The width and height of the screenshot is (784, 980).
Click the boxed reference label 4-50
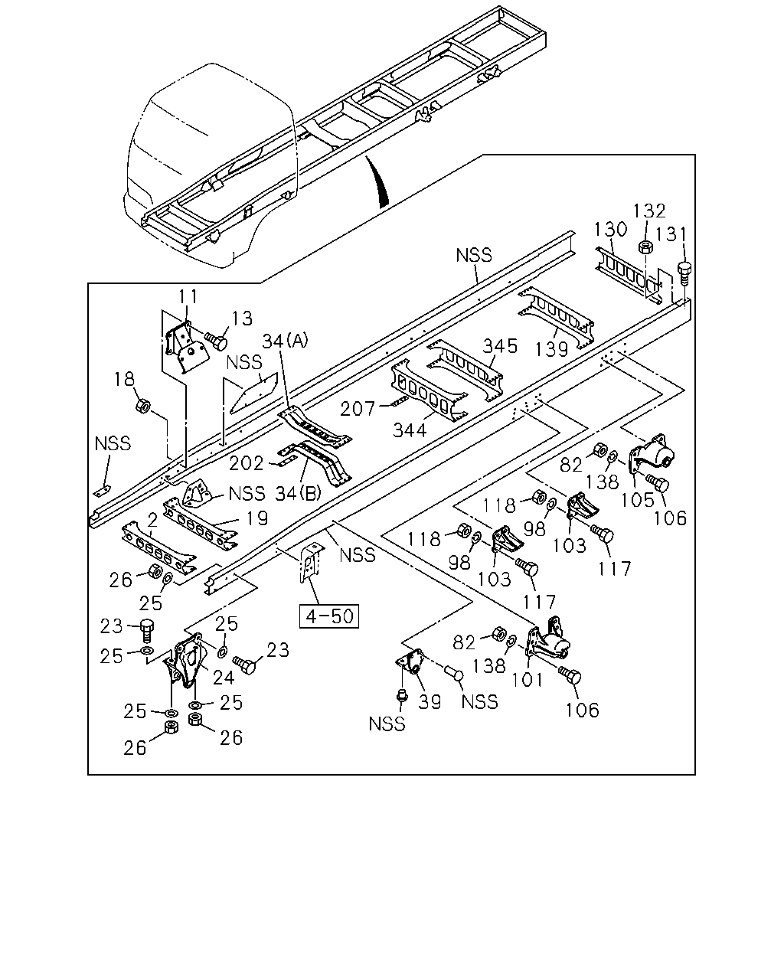tap(329, 616)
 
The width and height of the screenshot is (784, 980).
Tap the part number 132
tap(649, 211)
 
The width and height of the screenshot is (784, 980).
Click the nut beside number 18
tap(143, 405)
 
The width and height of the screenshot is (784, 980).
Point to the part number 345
tap(500, 347)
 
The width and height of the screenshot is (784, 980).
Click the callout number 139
tap(551, 349)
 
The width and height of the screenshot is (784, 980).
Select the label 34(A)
tap(286, 340)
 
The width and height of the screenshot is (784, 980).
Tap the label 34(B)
tap(298, 493)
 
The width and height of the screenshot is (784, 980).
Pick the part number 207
tap(358, 409)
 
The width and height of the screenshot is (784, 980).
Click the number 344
tap(410, 430)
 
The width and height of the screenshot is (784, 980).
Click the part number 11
tap(188, 296)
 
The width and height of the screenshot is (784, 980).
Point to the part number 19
tap(258, 518)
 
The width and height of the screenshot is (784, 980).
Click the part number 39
tap(430, 702)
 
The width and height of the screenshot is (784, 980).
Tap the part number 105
tap(638, 500)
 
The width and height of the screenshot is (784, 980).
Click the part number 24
tap(224, 678)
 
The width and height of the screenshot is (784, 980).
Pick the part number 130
tap(610, 229)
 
